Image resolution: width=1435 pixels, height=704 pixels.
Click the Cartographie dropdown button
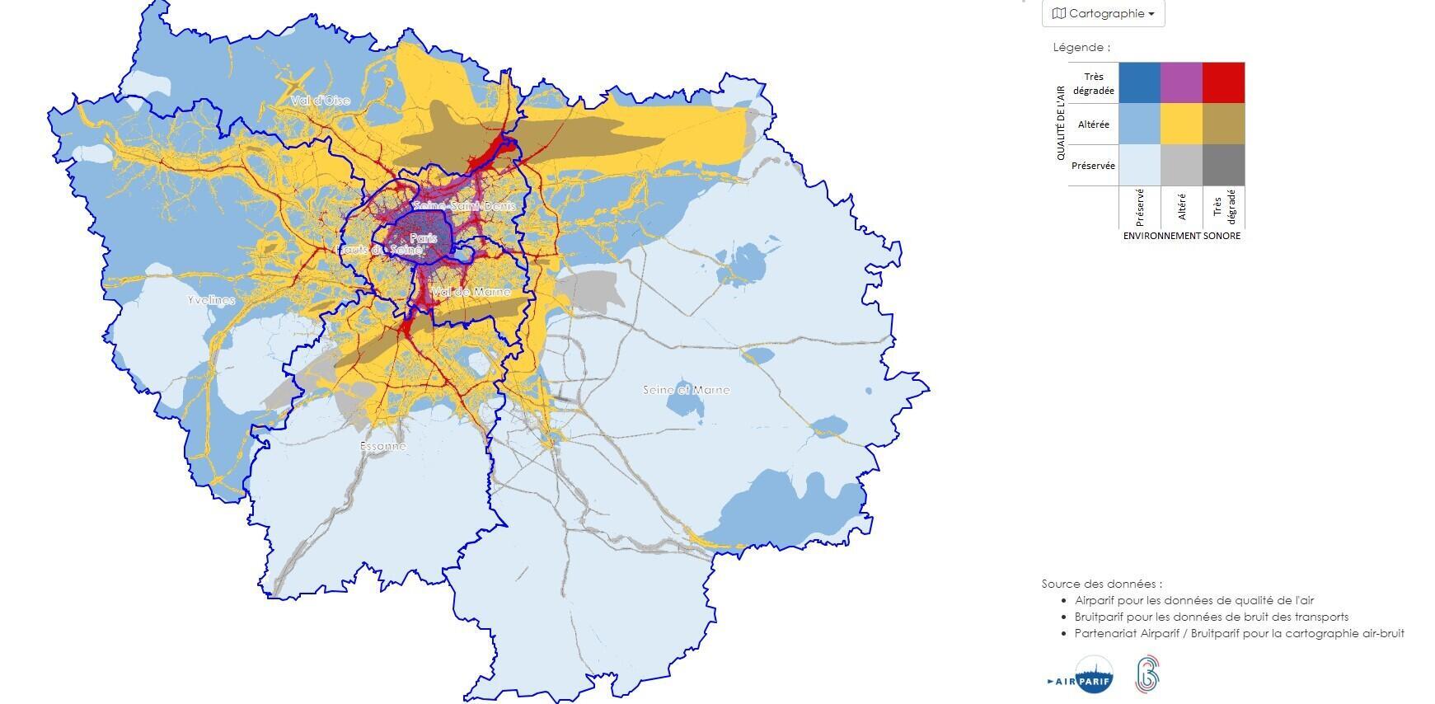coord(1103,14)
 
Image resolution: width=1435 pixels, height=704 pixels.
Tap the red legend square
coord(1223,82)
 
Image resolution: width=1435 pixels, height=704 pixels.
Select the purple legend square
coord(1181,82)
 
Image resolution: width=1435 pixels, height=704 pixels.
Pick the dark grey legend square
coord(1223,165)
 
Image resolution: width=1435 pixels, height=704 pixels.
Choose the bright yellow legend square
coord(1181,124)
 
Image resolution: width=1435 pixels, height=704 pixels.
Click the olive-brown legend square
coord(1223,124)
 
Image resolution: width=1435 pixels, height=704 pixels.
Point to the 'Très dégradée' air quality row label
coord(1094,83)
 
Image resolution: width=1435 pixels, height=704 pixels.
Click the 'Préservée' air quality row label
coord(1093,166)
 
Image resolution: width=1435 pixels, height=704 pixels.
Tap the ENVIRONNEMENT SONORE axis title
coord(1181,236)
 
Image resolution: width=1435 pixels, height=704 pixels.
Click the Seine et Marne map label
coord(686,390)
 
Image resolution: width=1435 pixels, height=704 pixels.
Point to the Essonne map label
coord(383,446)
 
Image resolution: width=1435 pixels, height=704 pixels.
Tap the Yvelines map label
coord(211,300)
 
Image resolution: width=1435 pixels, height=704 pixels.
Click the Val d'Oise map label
coord(320,101)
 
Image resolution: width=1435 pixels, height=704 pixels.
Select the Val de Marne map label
coord(471,292)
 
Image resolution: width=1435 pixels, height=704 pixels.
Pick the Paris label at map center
coord(423,238)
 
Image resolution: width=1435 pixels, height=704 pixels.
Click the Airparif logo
coord(1081,675)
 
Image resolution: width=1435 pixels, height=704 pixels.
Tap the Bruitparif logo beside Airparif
coord(1147,675)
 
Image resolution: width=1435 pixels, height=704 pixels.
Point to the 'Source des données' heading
coord(1101,584)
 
